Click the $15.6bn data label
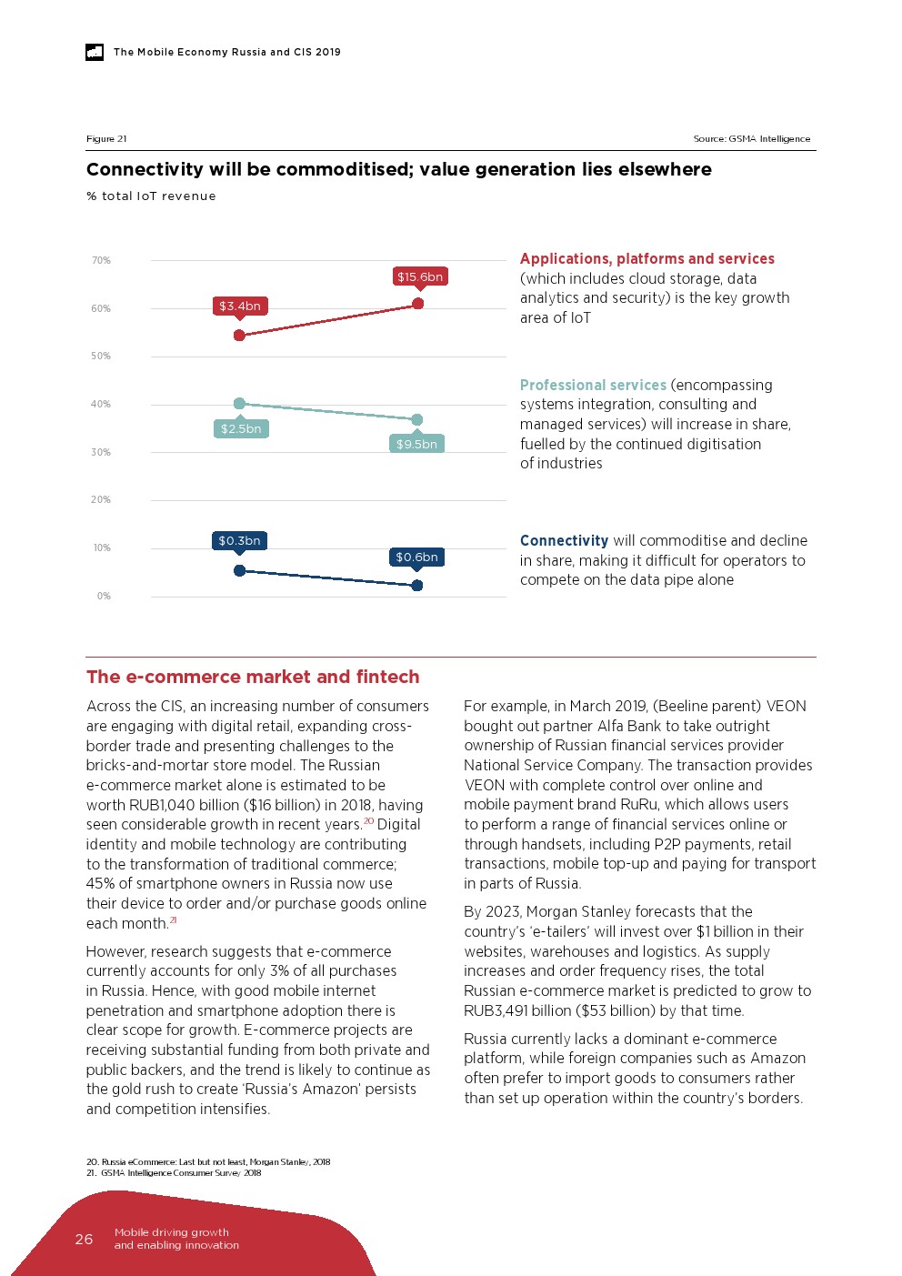(x=420, y=276)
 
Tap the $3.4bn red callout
(x=240, y=306)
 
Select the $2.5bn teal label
(x=241, y=428)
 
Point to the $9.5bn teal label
(x=416, y=444)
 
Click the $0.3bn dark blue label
(x=239, y=541)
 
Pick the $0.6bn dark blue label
(x=416, y=557)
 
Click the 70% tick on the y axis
(x=101, y=261)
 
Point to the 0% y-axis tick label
(x=104, y=597)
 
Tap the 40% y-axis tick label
(x=101, y=405)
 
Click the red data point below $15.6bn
(x=418, y=304)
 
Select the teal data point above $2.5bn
(x=239, y=404)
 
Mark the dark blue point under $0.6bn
(x=417, y=586)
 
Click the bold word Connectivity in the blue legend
(x=564, y=541)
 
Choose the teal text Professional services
(x=593, y=386)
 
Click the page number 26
(x=84, y=1239)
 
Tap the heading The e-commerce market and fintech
(x=253, y=677)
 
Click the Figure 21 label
(x=106, y=139)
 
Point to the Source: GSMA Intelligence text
(x=751, y=139)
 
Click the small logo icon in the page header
(x=95, y=53)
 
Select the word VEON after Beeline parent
(x=786, y=707)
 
